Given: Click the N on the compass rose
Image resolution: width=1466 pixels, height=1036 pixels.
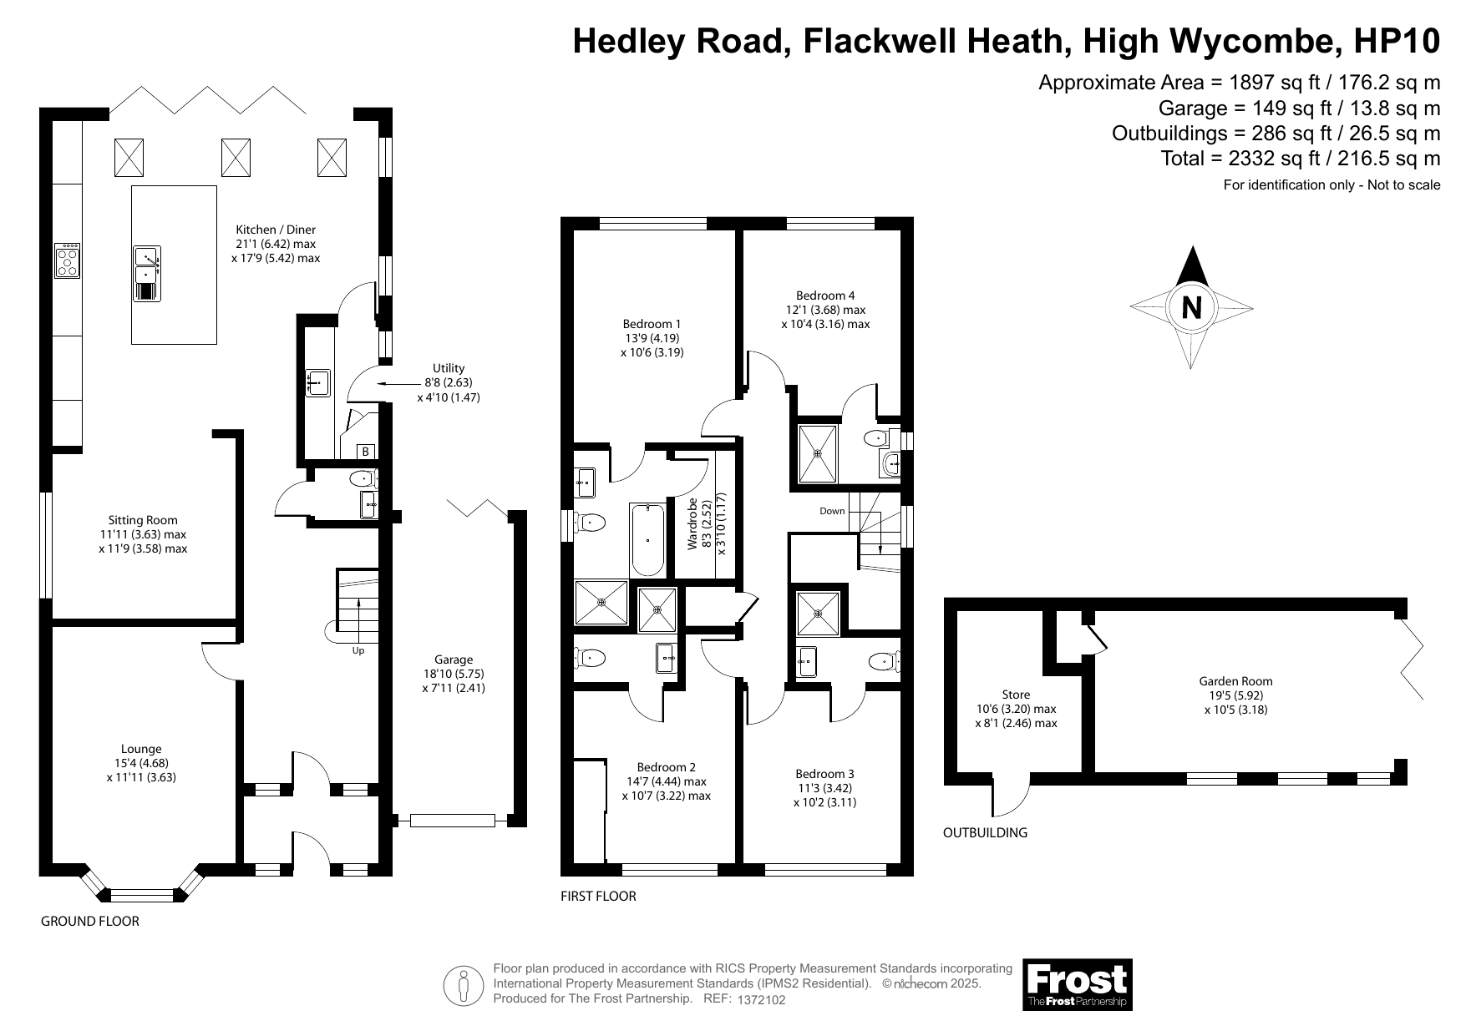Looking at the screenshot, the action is click(1191, 308).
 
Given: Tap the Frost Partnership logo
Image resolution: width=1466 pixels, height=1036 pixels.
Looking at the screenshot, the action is click(1078, 984).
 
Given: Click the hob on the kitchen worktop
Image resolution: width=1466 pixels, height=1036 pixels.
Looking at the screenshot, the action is click(67, 260).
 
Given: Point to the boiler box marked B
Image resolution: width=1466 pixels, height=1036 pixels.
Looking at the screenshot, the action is click(365, 452).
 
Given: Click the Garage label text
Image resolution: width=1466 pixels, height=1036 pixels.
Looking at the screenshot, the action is click(454, 660).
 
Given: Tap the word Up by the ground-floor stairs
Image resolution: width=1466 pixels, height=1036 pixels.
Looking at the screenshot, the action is click(358, 650).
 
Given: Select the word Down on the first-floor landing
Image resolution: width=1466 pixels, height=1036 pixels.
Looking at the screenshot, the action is click(832, 511).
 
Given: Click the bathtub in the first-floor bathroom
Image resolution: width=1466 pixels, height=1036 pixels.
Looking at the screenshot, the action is click(647, 539).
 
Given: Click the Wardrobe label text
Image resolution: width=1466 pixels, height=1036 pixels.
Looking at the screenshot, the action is click(692, 523).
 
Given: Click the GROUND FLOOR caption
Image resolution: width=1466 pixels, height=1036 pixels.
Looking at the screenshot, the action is click(90, 922).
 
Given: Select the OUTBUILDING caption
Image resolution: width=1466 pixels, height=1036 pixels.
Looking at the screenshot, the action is click(985, 832).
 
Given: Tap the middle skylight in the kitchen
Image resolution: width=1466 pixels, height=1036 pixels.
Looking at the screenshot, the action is click(236, 157).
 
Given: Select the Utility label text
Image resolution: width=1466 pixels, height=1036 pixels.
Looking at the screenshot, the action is click(449, 368).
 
